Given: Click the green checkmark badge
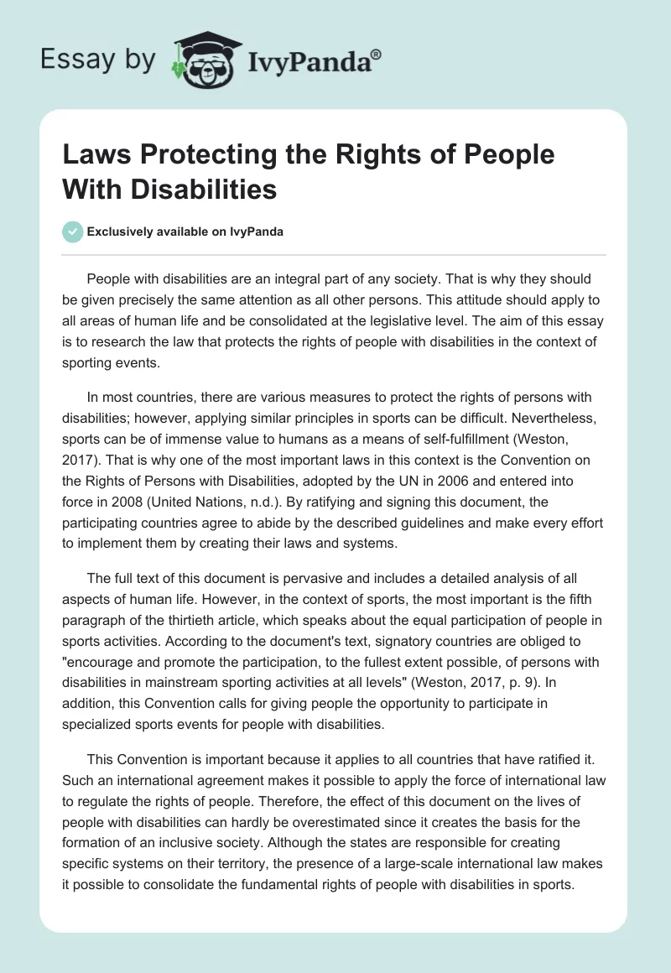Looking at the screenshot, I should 73,232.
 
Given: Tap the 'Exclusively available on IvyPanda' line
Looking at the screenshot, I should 185,232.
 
